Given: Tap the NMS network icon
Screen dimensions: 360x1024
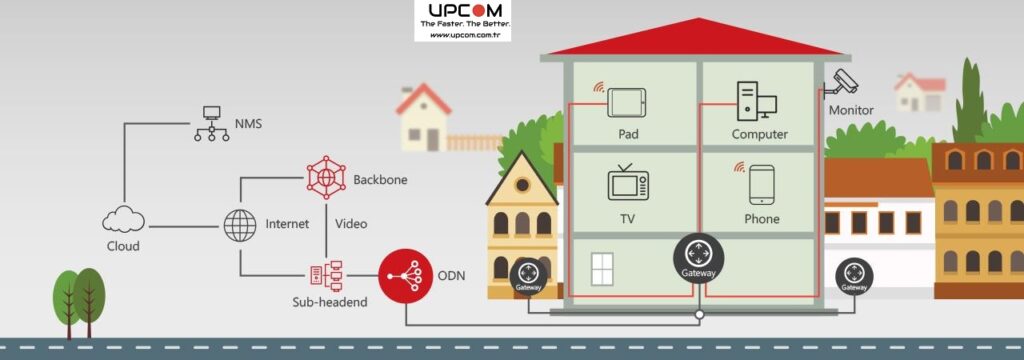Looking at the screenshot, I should [210, 123].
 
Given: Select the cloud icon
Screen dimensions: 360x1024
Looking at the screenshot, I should [123, 219].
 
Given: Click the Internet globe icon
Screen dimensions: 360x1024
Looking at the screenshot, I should [240, 225].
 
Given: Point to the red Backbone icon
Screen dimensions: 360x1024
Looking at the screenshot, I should [326, 177].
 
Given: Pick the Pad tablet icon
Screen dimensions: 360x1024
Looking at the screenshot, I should [627, 101].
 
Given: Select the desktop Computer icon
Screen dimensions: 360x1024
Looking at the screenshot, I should [757, 101].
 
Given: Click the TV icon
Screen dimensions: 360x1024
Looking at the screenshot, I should [628, 183].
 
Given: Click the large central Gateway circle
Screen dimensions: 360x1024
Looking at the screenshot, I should [698, 260].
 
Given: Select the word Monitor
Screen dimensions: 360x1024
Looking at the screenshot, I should [851, 110].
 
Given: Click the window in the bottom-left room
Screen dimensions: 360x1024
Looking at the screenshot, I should [602, 269].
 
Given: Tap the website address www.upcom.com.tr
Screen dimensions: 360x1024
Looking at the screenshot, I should [463, 35].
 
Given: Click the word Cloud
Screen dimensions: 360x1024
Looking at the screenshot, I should [123, 246].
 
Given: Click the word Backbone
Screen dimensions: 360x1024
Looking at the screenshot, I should [380, 180].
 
